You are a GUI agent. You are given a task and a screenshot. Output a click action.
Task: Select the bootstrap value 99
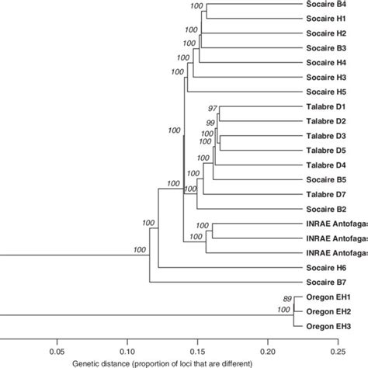pos(210,123)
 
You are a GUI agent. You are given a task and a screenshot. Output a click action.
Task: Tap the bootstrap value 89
pos(287,298)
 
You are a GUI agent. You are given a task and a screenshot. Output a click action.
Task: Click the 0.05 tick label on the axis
pos(56,350)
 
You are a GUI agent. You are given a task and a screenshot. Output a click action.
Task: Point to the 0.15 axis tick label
pos(197,350)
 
